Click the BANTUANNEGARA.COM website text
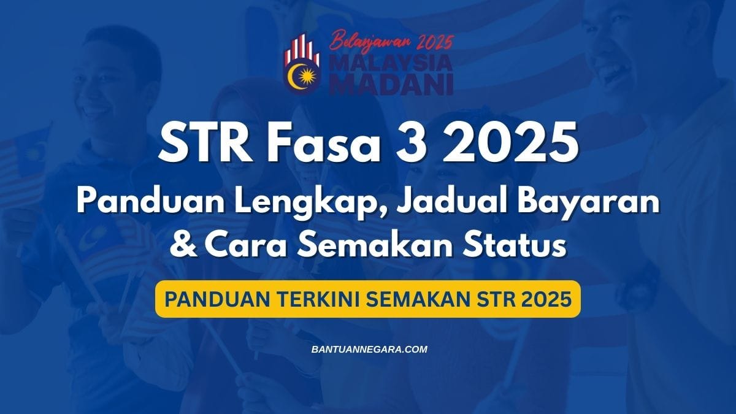(369, 350)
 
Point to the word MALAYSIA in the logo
(393, 64)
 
